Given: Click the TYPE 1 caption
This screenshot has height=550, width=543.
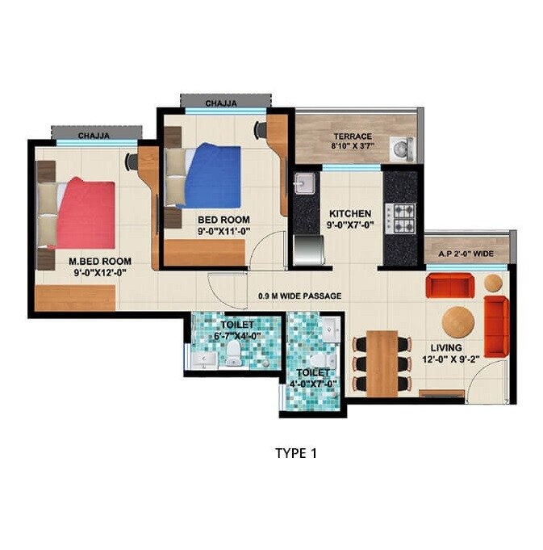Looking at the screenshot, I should tap(296, 454).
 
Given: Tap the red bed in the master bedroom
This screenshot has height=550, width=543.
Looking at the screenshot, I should tap(85, 213).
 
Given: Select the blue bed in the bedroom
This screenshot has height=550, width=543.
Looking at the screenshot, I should tap(212, 175).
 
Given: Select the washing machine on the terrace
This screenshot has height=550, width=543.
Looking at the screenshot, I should tap(401, 148).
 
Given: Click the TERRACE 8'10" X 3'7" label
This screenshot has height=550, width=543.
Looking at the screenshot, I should tap(353, 141).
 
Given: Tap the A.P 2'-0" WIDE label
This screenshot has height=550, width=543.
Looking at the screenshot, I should tap(466, 253).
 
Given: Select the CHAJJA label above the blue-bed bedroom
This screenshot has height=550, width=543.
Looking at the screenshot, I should tap(220, 103).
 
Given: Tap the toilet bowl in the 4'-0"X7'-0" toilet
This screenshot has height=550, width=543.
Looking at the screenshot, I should tap(317, 359).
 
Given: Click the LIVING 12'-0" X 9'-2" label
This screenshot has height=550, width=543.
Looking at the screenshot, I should tap(446, 353).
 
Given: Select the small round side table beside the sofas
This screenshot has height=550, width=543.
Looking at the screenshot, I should tap(493, 283).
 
